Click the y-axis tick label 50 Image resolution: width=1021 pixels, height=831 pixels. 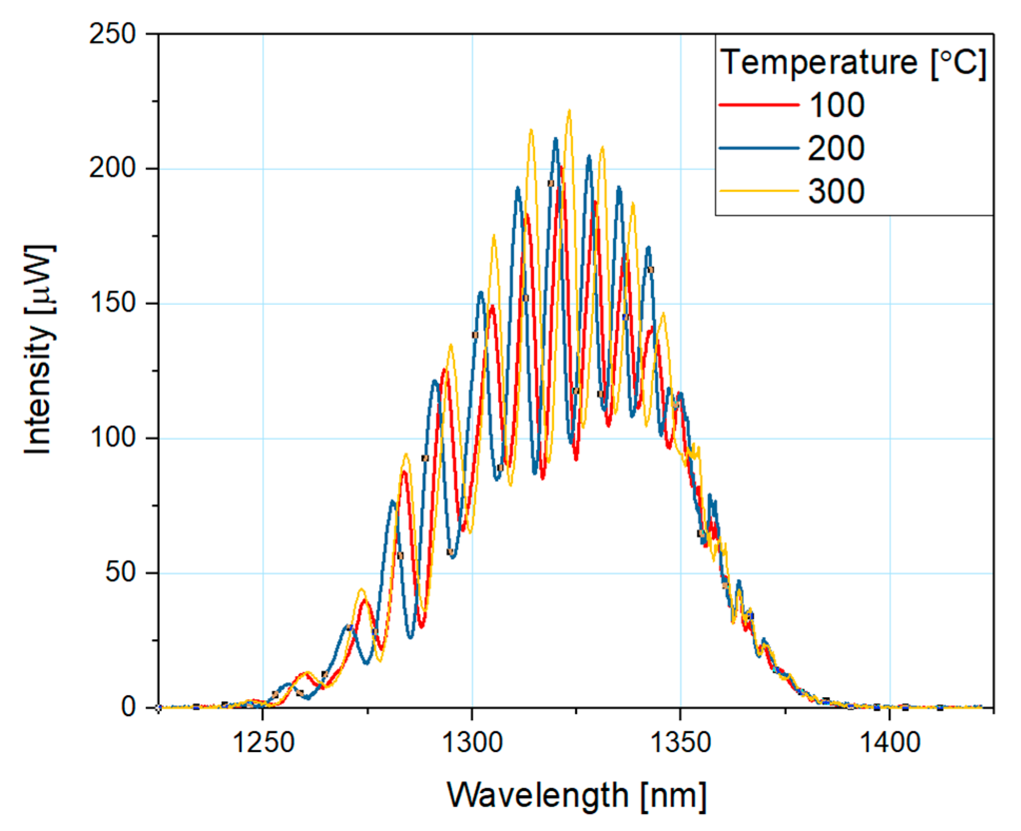tap(120, 572)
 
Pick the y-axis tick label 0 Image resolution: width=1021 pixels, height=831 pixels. tap(128, 707)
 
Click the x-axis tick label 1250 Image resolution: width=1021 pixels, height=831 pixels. tap(263, 743)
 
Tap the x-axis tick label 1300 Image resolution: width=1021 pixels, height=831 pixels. tap(472, 743)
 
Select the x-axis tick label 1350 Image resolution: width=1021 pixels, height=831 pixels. tap(681, 743)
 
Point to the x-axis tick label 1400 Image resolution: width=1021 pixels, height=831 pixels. tap(890, 743)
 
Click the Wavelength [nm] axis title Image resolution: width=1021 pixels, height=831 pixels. tap(576, 796)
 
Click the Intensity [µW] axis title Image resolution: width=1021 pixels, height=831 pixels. tap(39, 349)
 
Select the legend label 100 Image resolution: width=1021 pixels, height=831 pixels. tap(836, 105)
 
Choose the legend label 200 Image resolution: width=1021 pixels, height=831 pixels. tap(836, 148)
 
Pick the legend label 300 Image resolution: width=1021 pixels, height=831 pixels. tap(836, 191)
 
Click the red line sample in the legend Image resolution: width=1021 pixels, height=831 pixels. tap(759, 105)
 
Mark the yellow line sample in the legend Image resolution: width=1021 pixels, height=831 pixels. tap(759, 191)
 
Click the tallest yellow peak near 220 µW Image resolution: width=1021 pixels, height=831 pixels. tap(569, 111)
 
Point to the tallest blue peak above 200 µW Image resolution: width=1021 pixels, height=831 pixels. tap(556, 139)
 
